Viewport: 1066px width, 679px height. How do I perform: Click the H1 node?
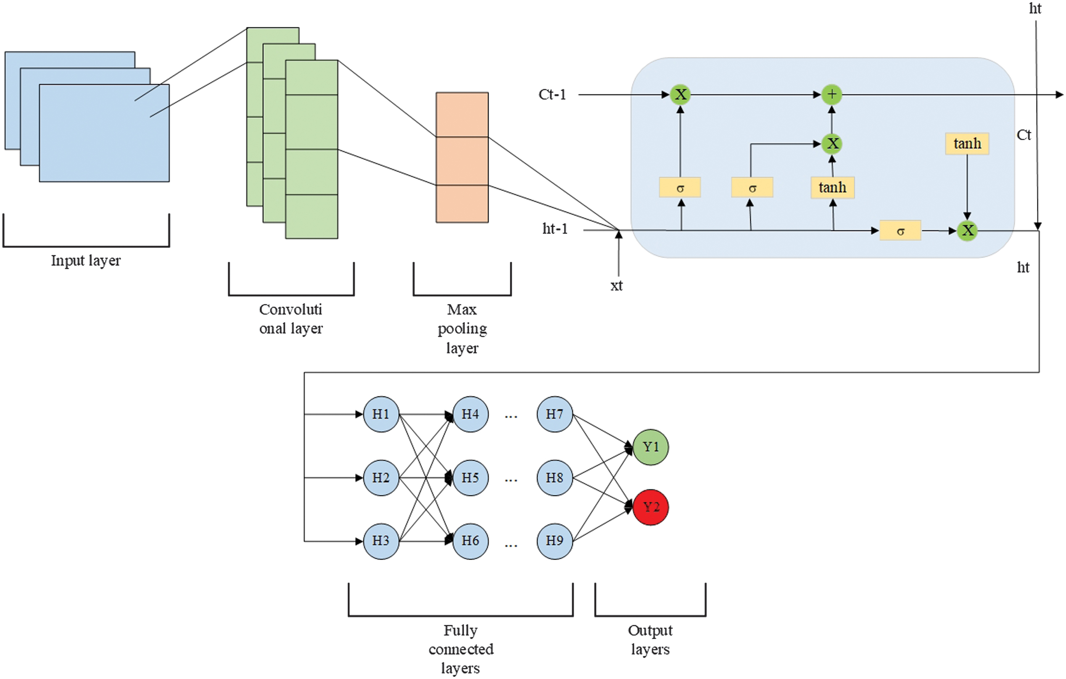[x=381, y=414]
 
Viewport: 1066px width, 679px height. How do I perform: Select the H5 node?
[x=470, y=478]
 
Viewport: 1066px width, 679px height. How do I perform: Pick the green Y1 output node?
[x=650, y=447]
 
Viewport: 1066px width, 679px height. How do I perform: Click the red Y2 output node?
[x=650, y=507]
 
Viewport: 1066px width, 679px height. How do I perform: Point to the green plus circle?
[x=831, y=94]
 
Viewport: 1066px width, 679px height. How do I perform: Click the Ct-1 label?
[x=552, y=95]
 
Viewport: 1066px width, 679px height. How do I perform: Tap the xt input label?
[x=616, y=286]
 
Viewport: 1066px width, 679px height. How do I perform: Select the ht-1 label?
[x=555, y=229]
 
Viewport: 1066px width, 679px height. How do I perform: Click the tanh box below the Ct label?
[x=967, y=143]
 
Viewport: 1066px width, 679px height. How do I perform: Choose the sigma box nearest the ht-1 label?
[x=680, y=188]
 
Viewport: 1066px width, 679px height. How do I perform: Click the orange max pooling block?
[x=462, y=157]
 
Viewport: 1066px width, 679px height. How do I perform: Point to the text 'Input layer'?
[x=86, y=260]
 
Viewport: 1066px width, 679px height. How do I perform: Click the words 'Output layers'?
[x=650, y=639]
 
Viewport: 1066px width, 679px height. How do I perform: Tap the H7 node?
[x=555, y=414]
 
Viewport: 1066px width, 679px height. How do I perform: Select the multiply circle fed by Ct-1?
[x=680, y=94]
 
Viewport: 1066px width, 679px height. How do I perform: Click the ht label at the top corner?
[x=1035, y=9]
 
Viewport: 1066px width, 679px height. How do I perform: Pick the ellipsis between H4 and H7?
[x=511, y=416]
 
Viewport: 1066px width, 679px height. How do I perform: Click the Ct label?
[x=1024, y=135]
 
